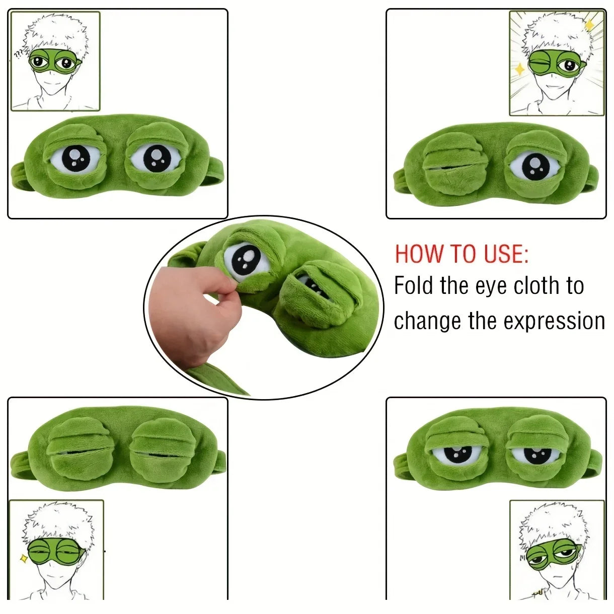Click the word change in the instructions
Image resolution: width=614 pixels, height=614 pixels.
click(x=427, y=321)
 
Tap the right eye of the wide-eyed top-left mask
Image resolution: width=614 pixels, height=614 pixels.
click(x=156, y=159)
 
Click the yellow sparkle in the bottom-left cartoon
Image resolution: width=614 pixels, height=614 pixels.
click(x=23, y=558)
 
